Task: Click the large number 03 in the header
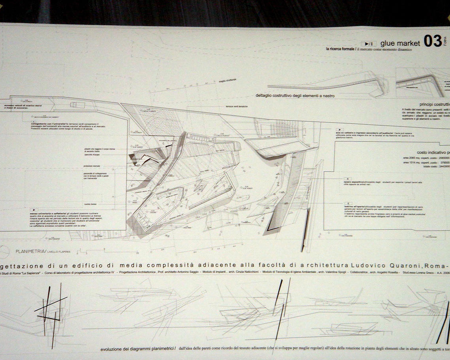(x=433, y=41)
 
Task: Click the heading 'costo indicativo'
(x=433, y=152)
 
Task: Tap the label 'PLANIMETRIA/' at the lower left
(x=30, y=251)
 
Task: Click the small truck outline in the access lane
(x=75, y=105)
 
